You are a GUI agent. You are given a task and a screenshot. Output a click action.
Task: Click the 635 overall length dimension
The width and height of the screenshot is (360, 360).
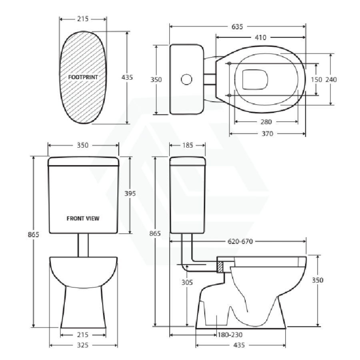point(237,27)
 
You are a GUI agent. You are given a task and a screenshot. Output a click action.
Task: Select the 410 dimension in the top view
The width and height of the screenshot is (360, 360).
point(260,38)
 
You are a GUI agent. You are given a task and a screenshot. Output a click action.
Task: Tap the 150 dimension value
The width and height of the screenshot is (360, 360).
point(316,80)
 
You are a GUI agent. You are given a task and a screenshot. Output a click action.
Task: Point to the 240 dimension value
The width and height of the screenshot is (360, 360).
point(331,80)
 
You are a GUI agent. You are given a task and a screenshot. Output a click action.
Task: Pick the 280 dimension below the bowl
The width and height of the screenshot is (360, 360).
point(266,122)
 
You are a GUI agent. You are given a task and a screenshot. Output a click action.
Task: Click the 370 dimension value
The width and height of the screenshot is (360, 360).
point(268,134)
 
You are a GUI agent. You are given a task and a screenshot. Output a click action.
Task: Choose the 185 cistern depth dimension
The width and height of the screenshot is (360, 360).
point(188,145)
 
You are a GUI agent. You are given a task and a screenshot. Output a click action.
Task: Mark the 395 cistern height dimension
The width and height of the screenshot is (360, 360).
point(130,194)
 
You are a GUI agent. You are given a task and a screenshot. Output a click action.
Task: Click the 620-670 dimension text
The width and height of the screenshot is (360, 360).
point(240,241)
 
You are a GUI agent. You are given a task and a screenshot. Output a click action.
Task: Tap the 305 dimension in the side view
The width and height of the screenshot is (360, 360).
point(187,282)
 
